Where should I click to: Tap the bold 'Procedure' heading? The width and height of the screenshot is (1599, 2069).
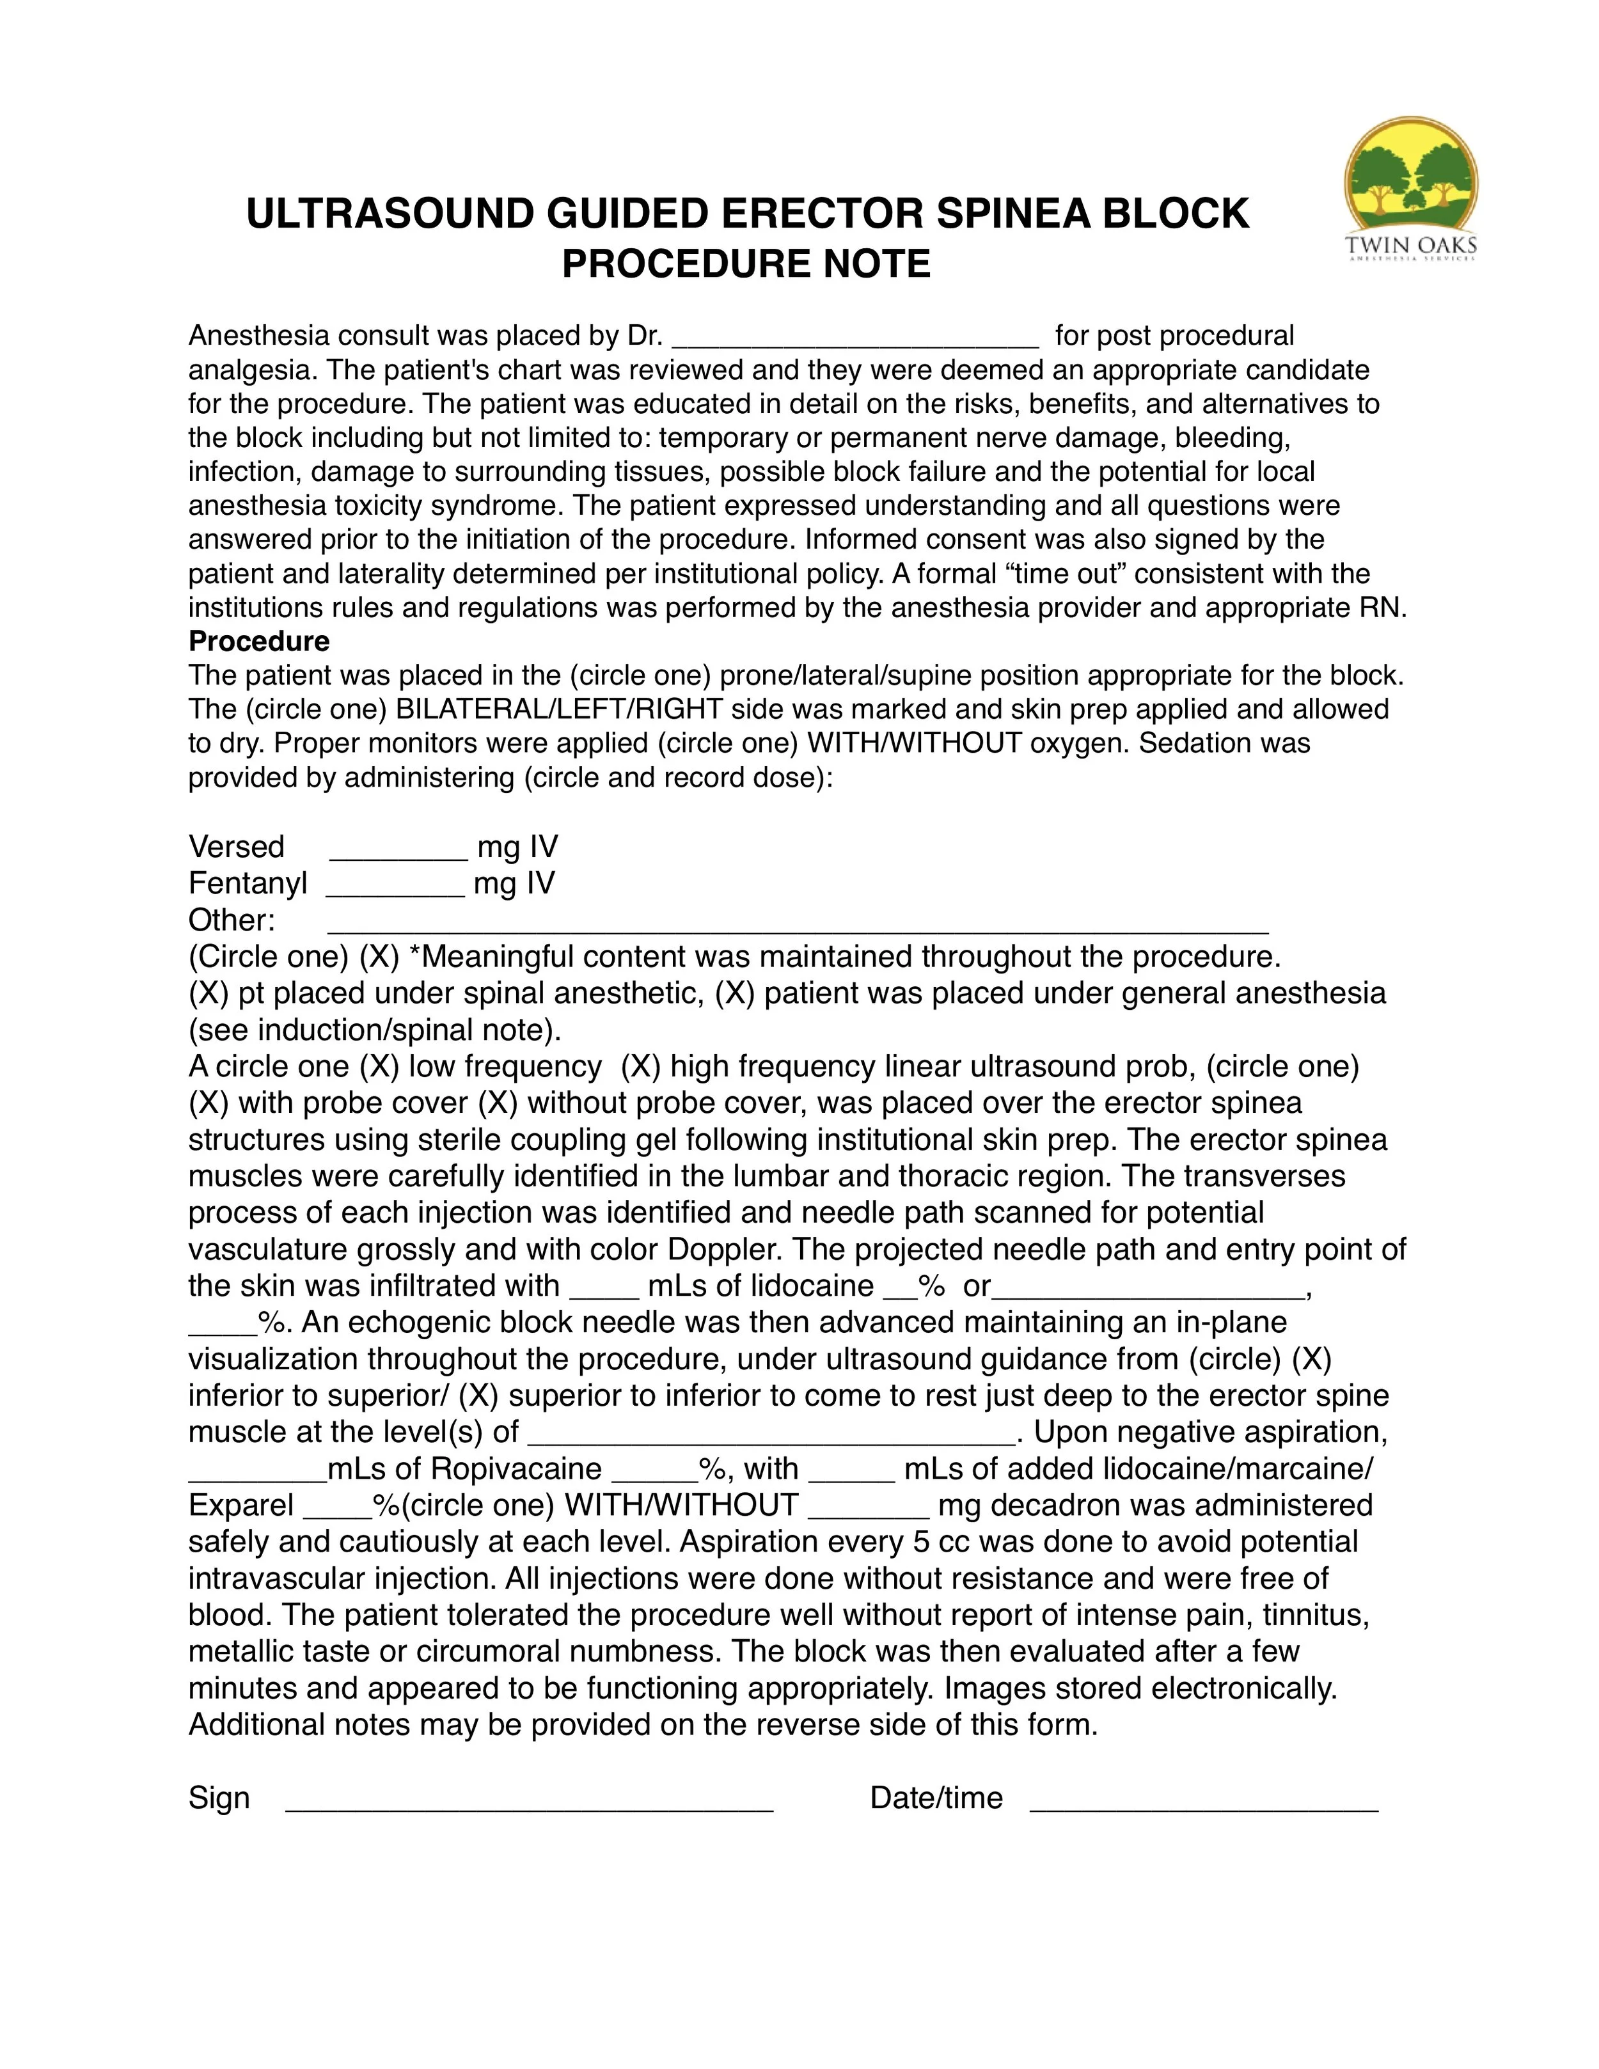(258, 641)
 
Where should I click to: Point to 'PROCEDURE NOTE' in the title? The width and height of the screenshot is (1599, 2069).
(746, 264)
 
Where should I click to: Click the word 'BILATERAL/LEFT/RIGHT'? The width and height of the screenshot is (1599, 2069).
(560, 709)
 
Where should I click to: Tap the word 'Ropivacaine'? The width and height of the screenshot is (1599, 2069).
(516, 1468)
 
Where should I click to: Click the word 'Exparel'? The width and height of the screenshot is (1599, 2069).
(240, 1506)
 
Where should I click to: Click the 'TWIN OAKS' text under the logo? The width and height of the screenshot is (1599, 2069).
(1410, 246)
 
